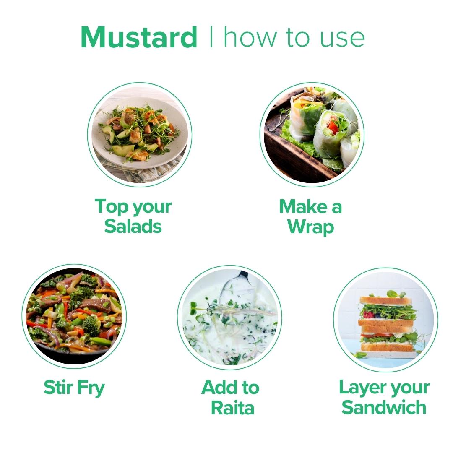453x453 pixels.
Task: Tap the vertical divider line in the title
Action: (x=211, y=36)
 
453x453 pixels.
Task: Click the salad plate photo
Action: (x=140, y=135)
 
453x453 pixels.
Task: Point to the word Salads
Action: (x=133, y=226)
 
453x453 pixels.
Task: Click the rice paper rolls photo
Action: (x=312, y=135)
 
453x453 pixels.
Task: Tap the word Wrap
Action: (x=311, y=227)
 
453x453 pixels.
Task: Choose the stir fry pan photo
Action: (x=74, y=316)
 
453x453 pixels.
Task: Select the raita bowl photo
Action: (x=230, y=318)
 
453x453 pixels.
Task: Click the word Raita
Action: (x=232, y=408)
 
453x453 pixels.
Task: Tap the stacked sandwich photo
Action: (x=386, y=320)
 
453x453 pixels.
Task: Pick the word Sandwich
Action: (x=384, y=407)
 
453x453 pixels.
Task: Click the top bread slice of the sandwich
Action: (x=385, y=300)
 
